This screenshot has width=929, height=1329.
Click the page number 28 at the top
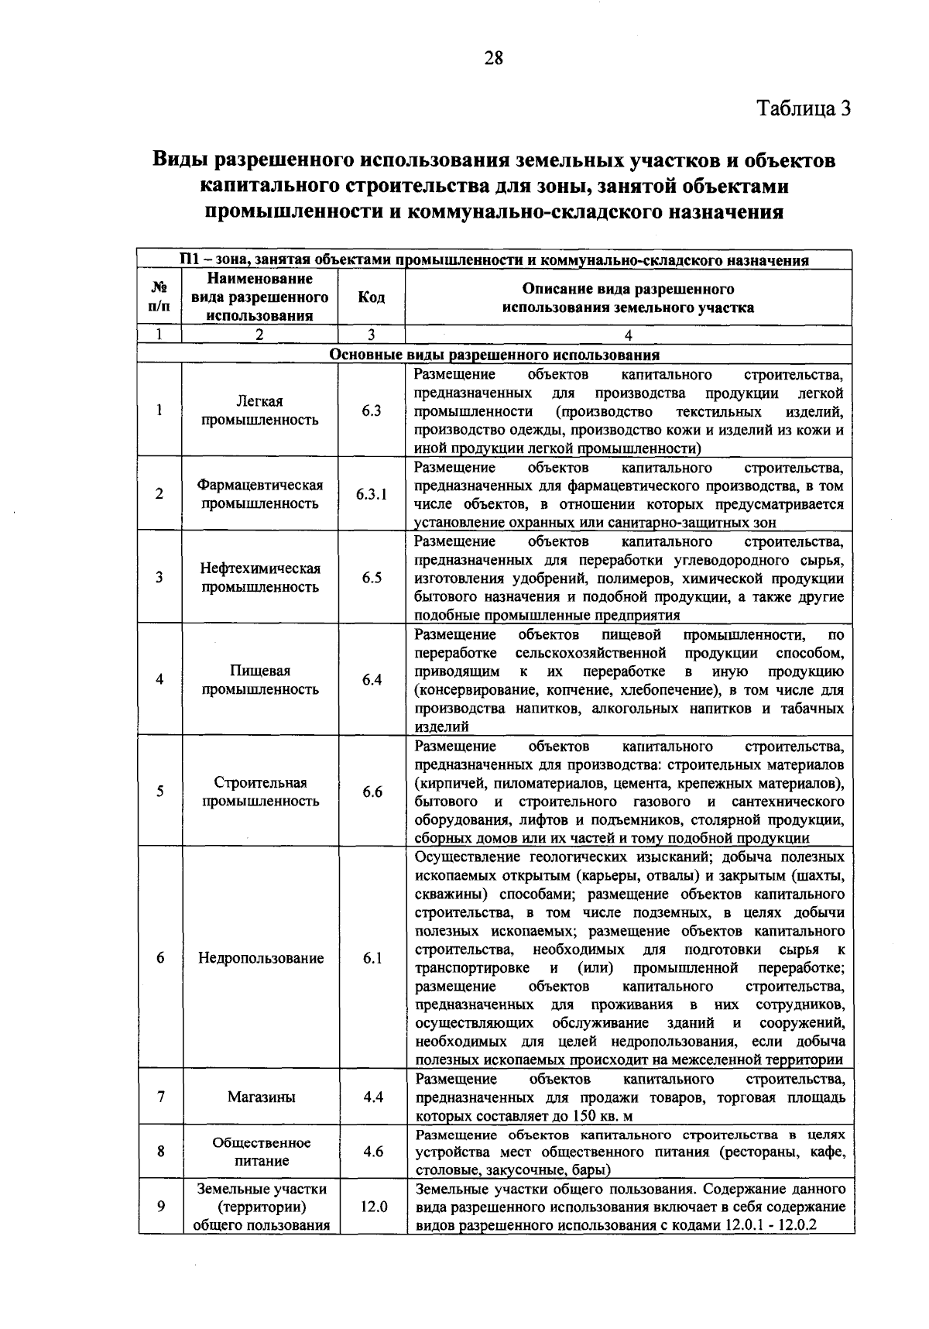(493, 58)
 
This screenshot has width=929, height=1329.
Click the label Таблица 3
(803, 108)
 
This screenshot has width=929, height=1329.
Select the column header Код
(372, 298)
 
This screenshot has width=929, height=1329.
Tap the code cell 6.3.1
(372, 494)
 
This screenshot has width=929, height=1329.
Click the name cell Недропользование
(260, 958)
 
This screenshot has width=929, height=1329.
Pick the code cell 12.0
(373, 1207)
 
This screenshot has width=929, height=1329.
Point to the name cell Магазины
(261, 1097)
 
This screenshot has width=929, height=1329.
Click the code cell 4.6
(373, 1152)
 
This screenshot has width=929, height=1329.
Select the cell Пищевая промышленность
(260, 680)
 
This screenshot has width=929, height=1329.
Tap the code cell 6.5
(372, 578)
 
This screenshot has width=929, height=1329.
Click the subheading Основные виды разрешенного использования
(495, 355)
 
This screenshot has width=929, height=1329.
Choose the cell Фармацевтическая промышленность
(260, 494)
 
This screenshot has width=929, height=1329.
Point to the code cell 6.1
(372, 958)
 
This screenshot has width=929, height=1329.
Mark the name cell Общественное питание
(261, 1152)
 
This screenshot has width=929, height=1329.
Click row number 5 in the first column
(159, 792)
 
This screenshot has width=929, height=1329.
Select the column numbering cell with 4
(628, 335)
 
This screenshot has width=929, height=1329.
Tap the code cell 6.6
(372, 792)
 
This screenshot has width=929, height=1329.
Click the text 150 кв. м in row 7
(602, 1117)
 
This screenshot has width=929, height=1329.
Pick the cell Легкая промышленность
(260, 410)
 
